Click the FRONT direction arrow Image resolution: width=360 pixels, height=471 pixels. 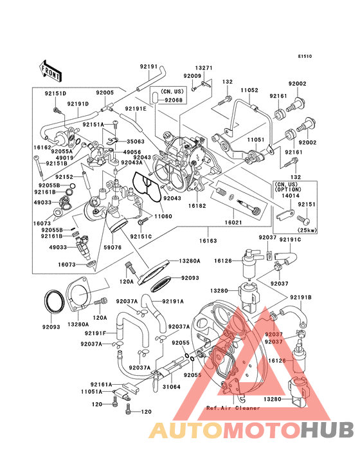tap(51, 67)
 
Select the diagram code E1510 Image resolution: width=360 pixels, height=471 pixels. tap(305, 56)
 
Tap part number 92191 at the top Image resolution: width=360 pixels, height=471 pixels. tap(148, 66)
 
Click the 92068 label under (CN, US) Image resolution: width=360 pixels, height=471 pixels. tap(172, 100)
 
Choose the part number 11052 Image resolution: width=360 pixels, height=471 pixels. tap(249, 91)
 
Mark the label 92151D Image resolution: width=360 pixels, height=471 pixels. tap(56, 93)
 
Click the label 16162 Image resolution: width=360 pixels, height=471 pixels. tap(43, 147)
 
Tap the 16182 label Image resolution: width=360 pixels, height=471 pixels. tap(197, 205)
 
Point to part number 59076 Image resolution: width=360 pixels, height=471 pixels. tap(113, 246)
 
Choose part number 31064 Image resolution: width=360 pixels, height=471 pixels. tap(170, 387)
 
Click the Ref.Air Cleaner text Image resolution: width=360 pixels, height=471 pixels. tap(233, 407)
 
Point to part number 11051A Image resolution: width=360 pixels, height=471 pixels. tap(93, 391)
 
